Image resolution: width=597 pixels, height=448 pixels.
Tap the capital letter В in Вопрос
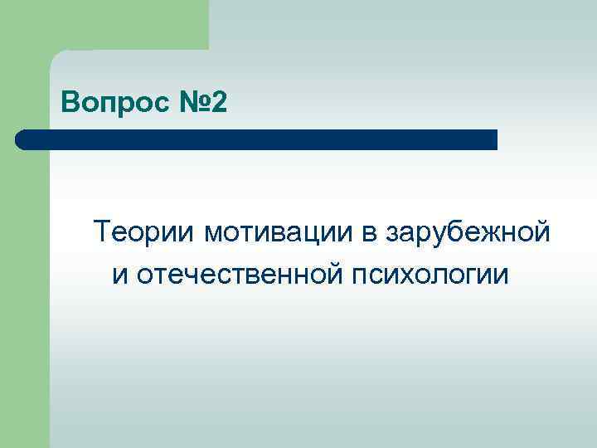[x=70, y=105]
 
